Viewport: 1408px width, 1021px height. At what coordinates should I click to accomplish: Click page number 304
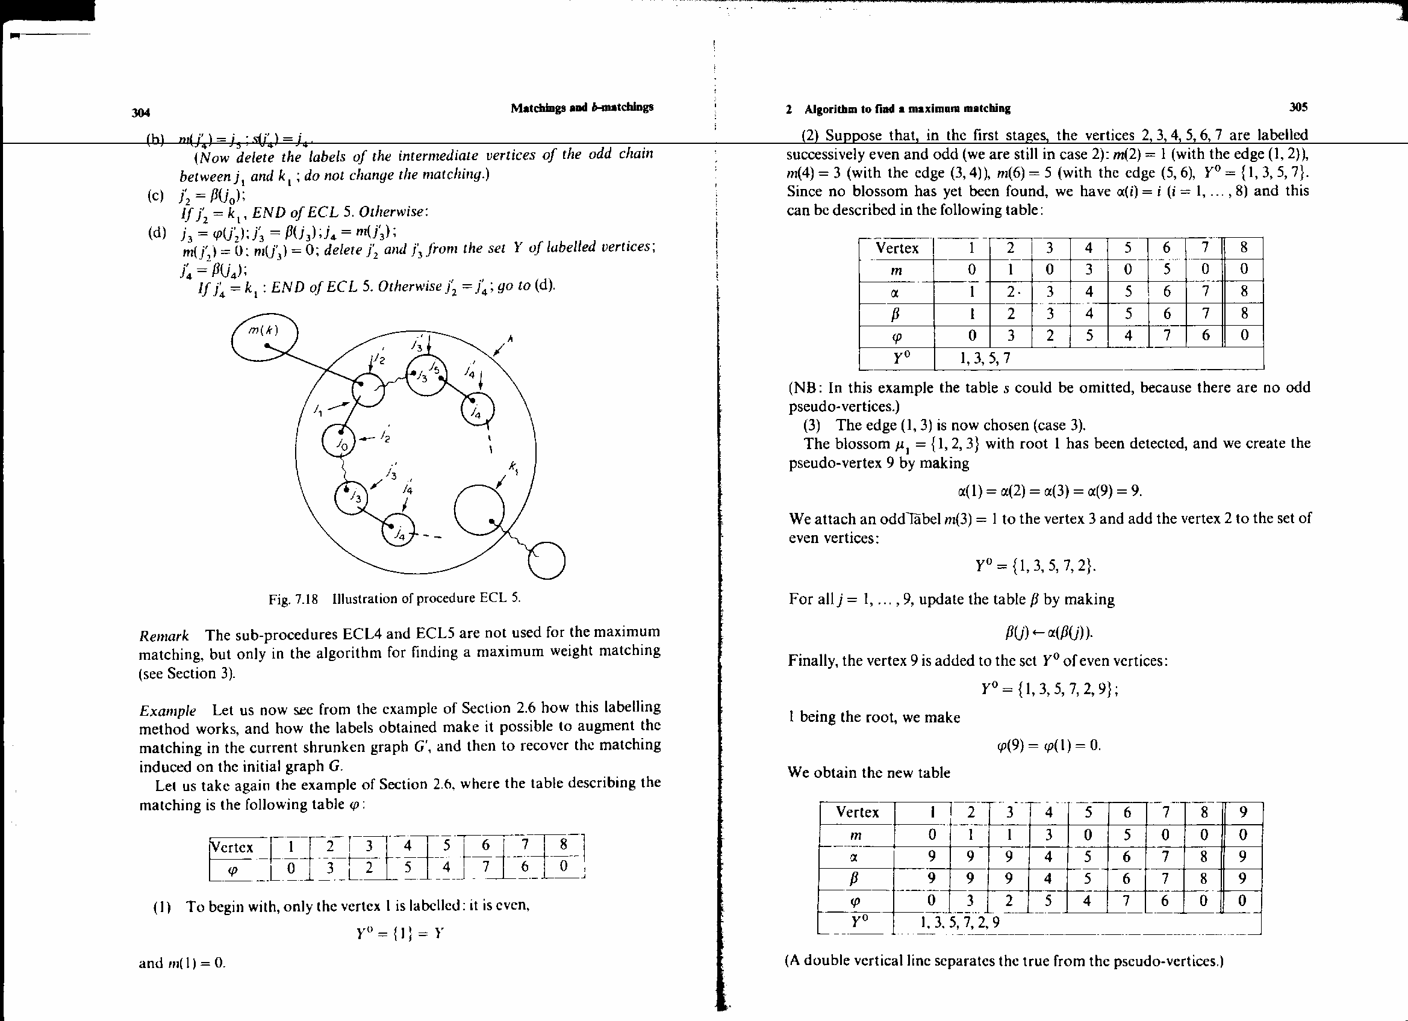click(x=141, y=113)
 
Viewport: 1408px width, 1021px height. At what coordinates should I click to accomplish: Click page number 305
click(x=1298, y=107)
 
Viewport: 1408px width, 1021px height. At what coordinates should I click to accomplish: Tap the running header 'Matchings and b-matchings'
click(x=582, y=107)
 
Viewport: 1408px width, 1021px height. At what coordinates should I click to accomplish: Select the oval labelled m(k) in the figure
click(x=264, y=338)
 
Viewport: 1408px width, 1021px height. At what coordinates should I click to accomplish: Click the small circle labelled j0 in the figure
click(x=338, y=440)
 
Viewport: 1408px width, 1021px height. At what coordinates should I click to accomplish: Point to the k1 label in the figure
click(x=514, y=467)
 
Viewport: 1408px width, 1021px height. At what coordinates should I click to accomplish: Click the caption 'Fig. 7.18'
click(x=293, y=599)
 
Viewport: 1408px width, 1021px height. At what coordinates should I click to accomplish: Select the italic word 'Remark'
click(x=163, y=636)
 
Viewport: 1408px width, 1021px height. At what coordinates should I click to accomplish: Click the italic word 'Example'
click(x=167, y=710)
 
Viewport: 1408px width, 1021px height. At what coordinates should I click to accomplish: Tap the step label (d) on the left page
click(x=157, y=234)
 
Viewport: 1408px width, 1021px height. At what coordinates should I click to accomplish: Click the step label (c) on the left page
click(x=156, y=196)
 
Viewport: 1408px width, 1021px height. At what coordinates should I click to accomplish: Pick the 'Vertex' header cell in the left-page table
click(x=232, y=847)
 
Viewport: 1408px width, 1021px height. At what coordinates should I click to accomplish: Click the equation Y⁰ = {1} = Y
click(x=400, y=934)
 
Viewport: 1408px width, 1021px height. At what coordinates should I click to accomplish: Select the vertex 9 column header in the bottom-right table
click(x=1243, y=812)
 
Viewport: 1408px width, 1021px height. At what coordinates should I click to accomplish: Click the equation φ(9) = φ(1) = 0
click(x=1048, y=745)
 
